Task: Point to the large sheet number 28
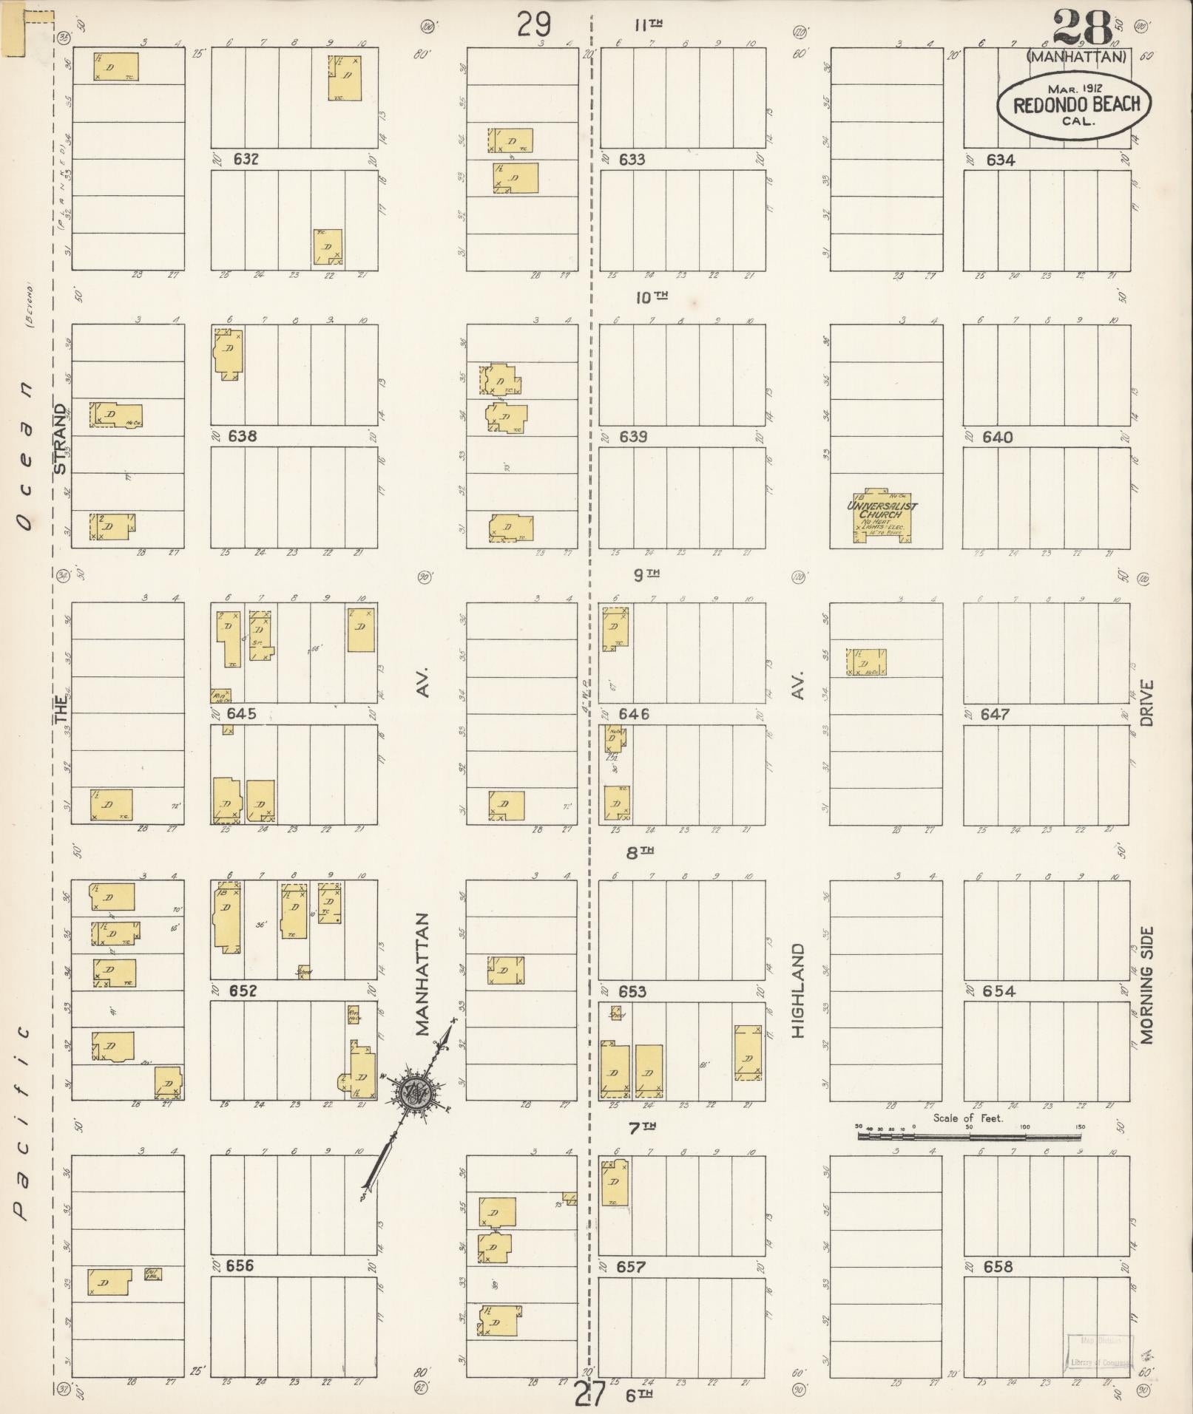click(x=1083, y=27)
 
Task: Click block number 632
click(x=245, y=159)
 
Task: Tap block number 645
click(x=242, y=714)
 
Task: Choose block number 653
click(x=632, y=992)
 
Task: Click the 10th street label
click(x=652, y=297)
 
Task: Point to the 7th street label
click(x=641, y=1127)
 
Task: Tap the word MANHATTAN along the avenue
click(x=422, y=975)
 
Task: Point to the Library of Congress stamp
click(x=1098, y=1352)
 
